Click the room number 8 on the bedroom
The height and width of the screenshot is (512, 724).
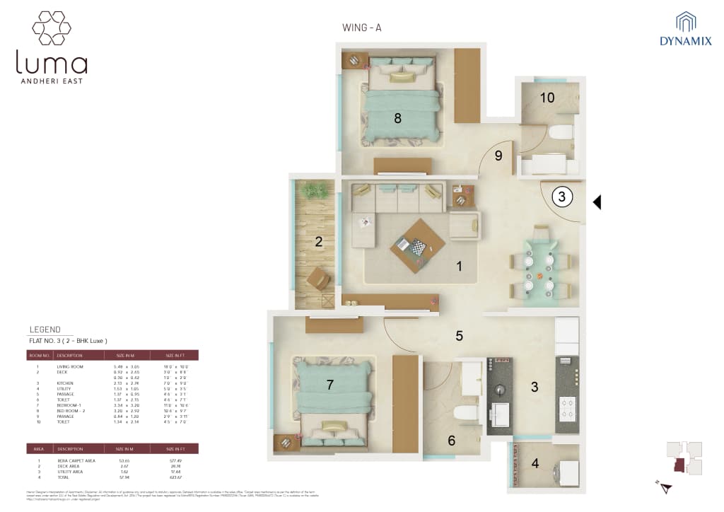tap(397, 118)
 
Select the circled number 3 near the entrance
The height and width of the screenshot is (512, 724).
tap(561, 197)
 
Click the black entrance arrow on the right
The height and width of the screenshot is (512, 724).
tap(597, 203)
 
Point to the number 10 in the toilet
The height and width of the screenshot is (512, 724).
tap(547, 98)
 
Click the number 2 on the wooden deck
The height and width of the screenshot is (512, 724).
tap(319, 242)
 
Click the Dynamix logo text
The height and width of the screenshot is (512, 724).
tap(685, 41)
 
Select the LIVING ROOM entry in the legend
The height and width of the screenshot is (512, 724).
tap(70, 367)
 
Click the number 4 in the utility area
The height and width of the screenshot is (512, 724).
tap(535, 464)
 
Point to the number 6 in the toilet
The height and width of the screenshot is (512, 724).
tap(451, 441)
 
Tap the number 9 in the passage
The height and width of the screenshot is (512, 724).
tap(498, 156)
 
